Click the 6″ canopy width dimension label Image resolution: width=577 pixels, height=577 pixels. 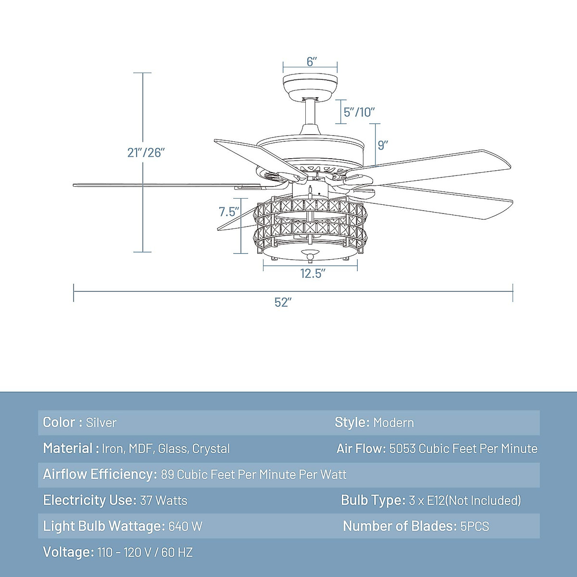point(312,62)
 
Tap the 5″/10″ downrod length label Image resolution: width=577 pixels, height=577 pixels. point(359,112)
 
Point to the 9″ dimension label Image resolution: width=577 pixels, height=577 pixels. point(383,145)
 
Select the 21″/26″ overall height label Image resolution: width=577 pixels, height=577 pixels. point(146,152)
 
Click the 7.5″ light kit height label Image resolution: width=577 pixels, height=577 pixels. point(229,212)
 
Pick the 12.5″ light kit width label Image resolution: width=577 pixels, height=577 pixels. point(313,274)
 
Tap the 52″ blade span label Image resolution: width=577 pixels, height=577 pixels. point(283,302)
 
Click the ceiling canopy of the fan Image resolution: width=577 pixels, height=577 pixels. point(310,86)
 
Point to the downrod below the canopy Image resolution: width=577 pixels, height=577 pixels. point(310,113)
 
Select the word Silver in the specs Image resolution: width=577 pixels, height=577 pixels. point(101,423)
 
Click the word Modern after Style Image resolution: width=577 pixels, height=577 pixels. point(393,423)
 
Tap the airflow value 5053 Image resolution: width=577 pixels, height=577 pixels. point(402,449)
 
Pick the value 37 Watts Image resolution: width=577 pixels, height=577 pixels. point(163,501)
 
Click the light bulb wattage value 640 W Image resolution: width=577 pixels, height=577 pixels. point(185,527)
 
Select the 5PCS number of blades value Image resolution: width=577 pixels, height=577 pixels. point(475,527)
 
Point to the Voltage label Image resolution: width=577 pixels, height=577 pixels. point(68,552)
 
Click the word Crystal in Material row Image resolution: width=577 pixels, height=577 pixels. point(211,449)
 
